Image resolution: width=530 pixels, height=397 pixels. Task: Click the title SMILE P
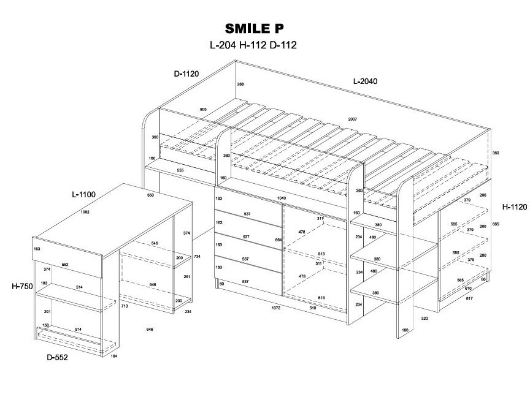click(x=253, y=28)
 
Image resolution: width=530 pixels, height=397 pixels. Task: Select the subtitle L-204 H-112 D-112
click(x=253, y=45)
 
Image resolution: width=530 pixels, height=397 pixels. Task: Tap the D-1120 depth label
click(x=186, y=74)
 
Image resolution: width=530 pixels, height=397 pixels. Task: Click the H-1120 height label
click(x=514, y=207)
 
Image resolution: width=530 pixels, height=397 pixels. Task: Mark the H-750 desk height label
click(x=21, y=285)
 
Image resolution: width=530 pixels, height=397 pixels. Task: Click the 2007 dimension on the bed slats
click(x=352, y=119)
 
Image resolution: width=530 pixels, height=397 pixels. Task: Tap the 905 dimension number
click(x=203, y=109)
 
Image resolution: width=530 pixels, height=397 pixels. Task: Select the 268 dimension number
click(x=240, y=84)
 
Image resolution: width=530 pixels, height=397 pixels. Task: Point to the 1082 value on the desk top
click(x=85, y=212)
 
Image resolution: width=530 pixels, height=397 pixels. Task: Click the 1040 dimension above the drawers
click(x=282, y=198)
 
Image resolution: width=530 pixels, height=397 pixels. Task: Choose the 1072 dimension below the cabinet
click(x=276, y=308)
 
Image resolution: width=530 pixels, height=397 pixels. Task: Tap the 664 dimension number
click(x=278, y=240)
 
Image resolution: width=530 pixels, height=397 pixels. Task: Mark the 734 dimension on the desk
click(x=197, y=256)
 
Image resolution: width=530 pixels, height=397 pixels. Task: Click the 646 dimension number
click(x=149, y=329)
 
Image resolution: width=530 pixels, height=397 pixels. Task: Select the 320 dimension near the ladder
click(x=424, y=319)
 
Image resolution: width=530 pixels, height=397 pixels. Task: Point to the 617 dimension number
click(x=469, y=298)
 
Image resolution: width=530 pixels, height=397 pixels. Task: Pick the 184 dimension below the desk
click(x=113, y=357)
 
